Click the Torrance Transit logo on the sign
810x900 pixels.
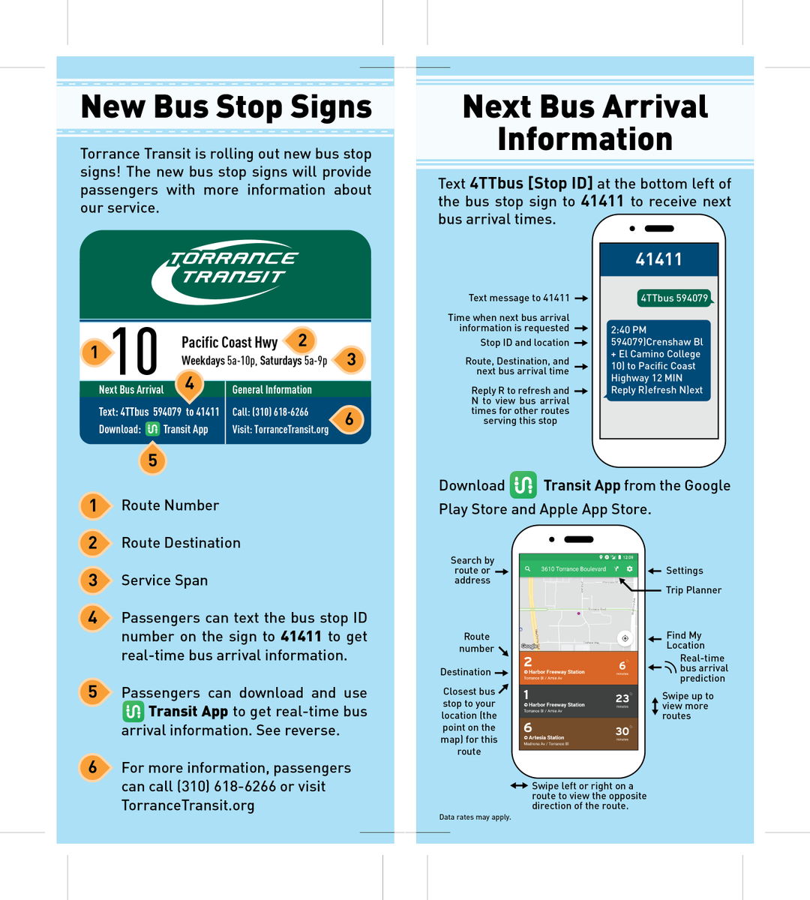pyautogui.click(x=226, y=271)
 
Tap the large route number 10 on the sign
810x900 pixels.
pyautogui.click(x=135, y=351)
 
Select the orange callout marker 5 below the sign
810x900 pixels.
pyautogui.click(x=152, y=460)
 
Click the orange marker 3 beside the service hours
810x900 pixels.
pyautogui.click(x=350, y=359)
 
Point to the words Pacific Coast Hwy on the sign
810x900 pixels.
pyautogui.click(x=229, y=342)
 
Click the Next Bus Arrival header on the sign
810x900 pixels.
pyautogui.click(x=131, y=389)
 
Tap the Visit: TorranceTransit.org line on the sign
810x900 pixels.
pyautogui.click(x=280, y=430)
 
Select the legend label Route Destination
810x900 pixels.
pyautogui.click(x=181, y=543)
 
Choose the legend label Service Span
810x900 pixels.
pyautogui.click(x=164, y=580)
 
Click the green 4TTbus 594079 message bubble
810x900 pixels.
pyautogui.click(x=674, y=298)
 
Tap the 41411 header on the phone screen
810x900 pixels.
pyautogui.click(x=659, y=259)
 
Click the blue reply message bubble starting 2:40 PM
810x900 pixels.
pyautogui.click(x=657, y=360)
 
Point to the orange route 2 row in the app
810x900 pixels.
pyautogui.click(x=578, y=667)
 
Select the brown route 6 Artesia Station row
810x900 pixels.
pyautogui.click(x=578, y=733)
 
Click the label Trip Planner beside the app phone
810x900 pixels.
pyautogui.click(x=693, y=590)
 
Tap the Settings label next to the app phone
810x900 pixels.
pyautogui.click(x=684, y=571)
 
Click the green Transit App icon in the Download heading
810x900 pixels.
pyautogui.click(x=523, y=485)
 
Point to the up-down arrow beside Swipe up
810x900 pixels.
pyautogui.click(x=655, y=706)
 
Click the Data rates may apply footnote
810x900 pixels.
pyautogui.click(x=475, y=817)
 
